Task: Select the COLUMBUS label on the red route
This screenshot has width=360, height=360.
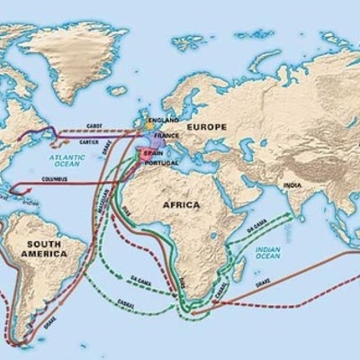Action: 54,179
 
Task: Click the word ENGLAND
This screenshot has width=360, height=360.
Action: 166,119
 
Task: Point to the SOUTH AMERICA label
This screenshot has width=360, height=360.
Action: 46,248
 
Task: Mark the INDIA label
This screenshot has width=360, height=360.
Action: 292,185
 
